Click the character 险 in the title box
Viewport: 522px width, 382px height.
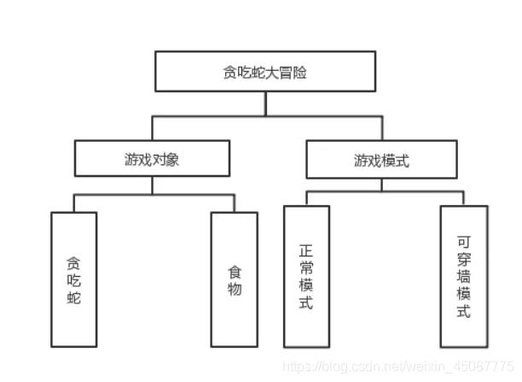(300, 73)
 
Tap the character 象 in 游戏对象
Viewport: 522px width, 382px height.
(172, 160)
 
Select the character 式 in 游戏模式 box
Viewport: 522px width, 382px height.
(402, 161)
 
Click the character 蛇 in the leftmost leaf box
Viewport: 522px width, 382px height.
(74, 297)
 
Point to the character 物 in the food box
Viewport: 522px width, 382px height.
(235, 289)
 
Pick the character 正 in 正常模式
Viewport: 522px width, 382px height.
(306, 250)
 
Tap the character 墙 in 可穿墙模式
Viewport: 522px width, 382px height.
(464, 277)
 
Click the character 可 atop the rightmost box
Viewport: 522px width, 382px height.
(464, 242)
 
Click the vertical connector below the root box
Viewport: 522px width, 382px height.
(265, 103)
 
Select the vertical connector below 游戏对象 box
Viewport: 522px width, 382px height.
(152, 185)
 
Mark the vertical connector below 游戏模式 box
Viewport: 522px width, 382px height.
(381, 185)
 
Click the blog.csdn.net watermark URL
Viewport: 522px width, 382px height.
(398, 367)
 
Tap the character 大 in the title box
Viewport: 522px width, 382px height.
(272, 73)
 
